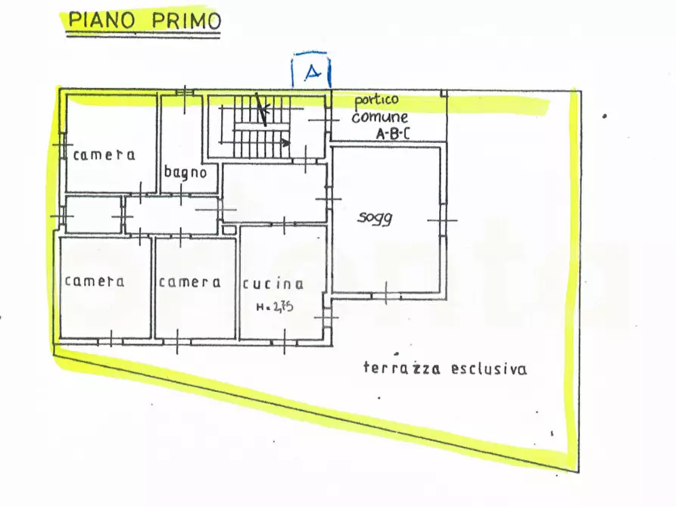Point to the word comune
coord(379,117)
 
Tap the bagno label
coord(185,173)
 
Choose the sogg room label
coord(375,219)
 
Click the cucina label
coord(273,285)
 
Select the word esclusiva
coord(489,369)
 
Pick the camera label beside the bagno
coord(104,155)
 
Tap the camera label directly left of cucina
coord(189,282)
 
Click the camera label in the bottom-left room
coord(95,281)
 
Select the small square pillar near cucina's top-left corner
coord(229,229)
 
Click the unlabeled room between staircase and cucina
coord(274,193)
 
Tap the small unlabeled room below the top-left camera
coord(93,215)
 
